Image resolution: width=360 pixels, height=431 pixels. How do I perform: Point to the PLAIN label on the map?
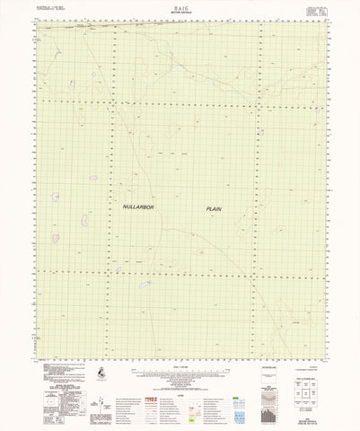(x=213, y=208)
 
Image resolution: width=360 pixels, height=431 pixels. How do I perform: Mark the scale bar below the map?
(x=180, y=374)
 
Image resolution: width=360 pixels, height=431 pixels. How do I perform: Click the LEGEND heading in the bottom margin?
(x=180, y=384)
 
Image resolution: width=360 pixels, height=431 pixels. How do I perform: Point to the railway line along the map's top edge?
(x=180, y=28)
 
